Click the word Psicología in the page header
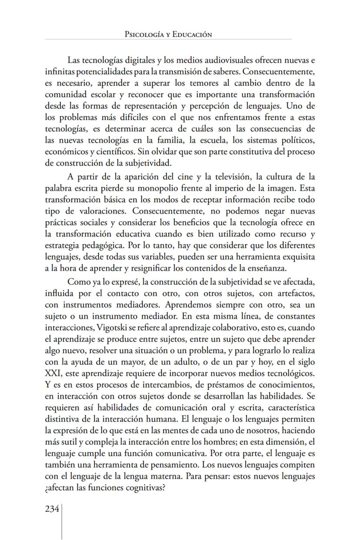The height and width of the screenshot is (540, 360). [142, 34]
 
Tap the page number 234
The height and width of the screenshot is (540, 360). [52, 510]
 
